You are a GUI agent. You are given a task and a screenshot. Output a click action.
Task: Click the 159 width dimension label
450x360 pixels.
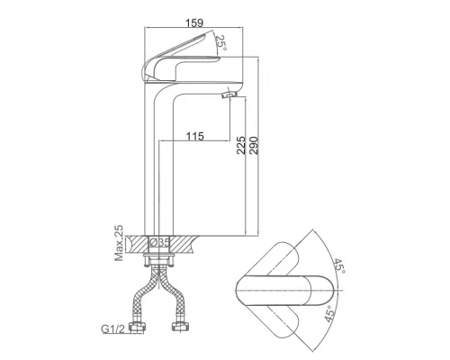194,22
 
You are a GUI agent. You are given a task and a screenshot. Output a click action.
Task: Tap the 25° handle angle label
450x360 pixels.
221,42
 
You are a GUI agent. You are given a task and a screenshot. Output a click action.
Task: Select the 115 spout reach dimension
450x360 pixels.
195,136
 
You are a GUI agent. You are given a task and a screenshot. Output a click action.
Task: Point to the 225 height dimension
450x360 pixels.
241,145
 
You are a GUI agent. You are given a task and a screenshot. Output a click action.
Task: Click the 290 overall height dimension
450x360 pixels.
254,145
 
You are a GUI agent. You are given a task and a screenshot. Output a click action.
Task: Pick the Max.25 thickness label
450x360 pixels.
119,243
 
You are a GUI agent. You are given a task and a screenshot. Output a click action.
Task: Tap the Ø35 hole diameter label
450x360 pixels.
160,242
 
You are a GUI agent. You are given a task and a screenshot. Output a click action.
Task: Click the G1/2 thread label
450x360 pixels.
112,328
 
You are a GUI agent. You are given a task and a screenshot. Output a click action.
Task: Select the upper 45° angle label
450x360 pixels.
339,265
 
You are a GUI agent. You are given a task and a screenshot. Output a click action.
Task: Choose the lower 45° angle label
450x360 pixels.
329,314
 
